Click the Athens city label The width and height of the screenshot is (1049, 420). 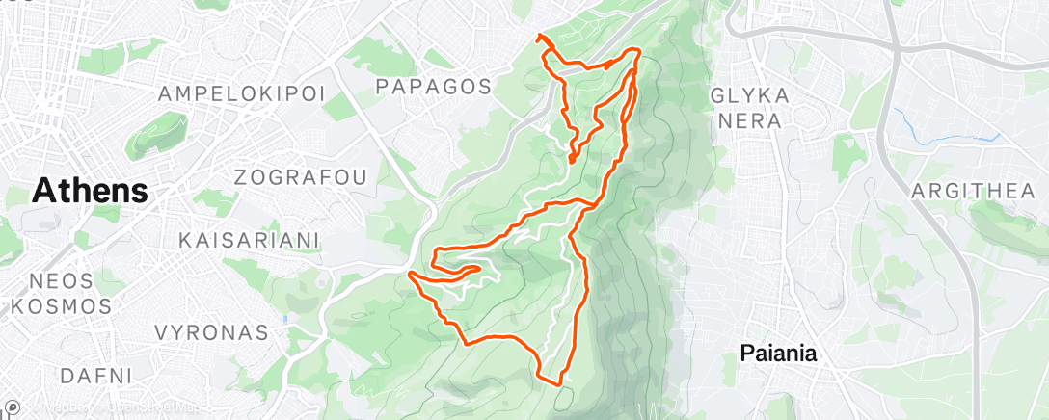(x=90, y=191)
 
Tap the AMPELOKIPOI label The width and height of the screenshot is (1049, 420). (x=241, y=93)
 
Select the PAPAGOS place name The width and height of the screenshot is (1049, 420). (x=433, y=87)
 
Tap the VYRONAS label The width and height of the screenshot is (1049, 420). (x=211, y=333)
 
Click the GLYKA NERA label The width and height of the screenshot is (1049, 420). (x=750, y=108)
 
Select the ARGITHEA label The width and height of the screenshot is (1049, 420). (x=972, y=191)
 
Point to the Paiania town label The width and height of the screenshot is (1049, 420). (x=778, y=354)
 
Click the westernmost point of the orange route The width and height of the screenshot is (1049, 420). (x=411, y=274)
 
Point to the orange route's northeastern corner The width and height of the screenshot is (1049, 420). (x=637, y=49)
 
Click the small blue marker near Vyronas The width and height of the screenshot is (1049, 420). (x=285, y=318)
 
